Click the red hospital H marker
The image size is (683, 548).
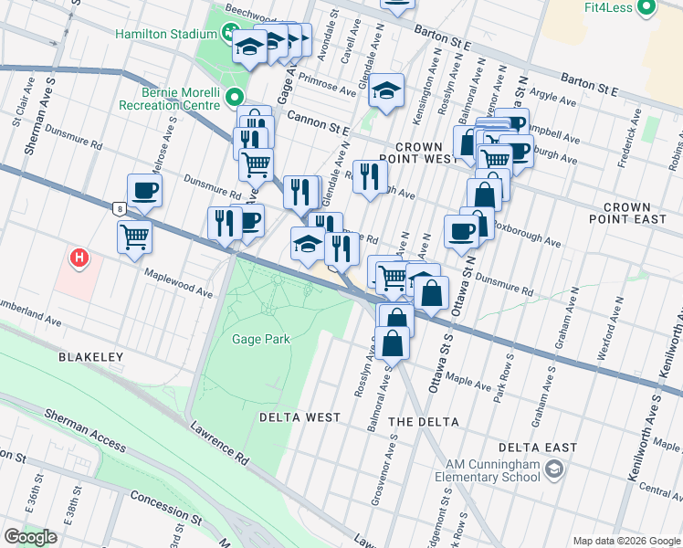(x=80, y=259)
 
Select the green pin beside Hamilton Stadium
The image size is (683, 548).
(x=229, y=35)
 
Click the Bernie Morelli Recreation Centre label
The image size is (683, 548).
(x=171, y=98)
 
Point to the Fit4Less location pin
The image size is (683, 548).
(x=646, y=8)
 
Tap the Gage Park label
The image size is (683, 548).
(x=261, y=339)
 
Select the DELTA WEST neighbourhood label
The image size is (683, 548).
(x=299, y=417)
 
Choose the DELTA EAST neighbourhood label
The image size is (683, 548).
(x=538, y=448)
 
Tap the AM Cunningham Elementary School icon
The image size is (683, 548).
(x=553, y=469)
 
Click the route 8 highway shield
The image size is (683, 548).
(x=120, y=208)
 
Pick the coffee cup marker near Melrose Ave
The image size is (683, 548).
(x=144, y=191)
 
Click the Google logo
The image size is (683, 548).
(x=31, y=537)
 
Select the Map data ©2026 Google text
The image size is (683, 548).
(x=626, y=541)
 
